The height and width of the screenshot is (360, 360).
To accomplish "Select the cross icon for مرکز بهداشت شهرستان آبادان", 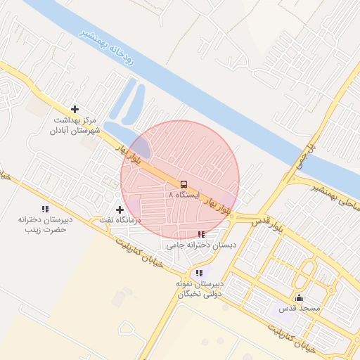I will click(x=75, y=109).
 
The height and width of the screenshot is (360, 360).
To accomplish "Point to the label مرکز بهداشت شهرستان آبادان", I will click(x=77, y=125).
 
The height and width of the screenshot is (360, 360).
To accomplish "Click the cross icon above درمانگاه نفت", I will click(x=120, y=210).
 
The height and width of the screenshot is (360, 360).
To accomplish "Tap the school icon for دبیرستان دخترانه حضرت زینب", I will click(x=46, y=209).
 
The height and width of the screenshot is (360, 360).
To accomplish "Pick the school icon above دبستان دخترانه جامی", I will click(x=202, y=234).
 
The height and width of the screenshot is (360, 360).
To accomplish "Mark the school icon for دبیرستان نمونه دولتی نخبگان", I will click(x=200, y=273).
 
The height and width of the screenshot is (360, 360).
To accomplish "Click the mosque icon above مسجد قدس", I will click(x=300, y=297).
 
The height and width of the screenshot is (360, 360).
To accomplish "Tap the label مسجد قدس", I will click(x=300, y=308).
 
